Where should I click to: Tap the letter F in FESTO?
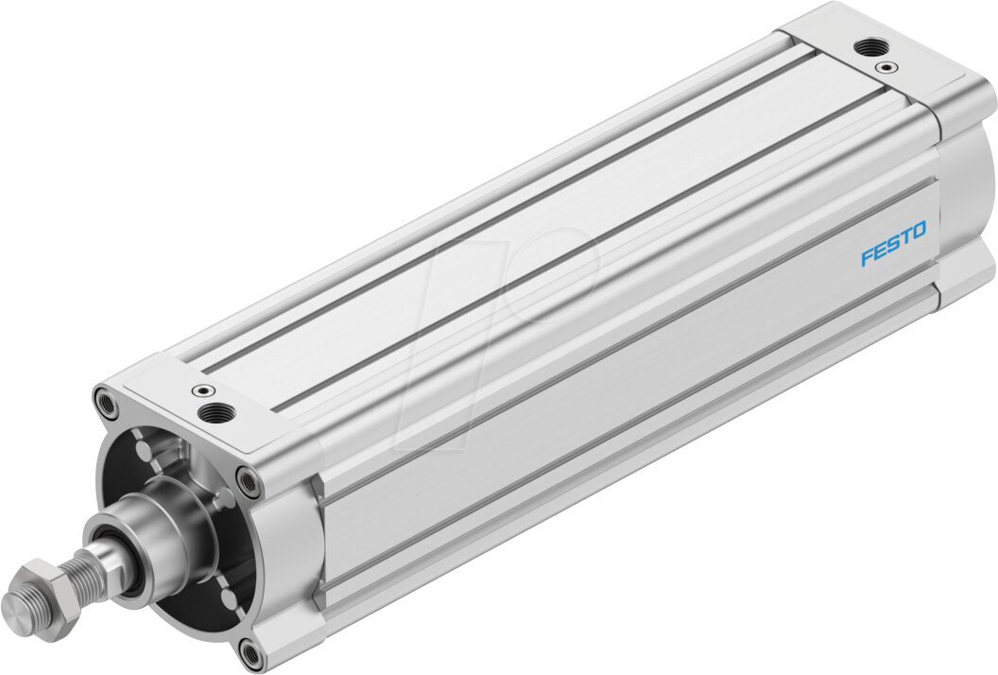pyautogui.click(x=866, y=257)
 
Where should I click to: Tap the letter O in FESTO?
pyautogui.click(x=920, y=230)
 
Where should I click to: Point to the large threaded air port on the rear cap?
pyautogui.click(x=864, y=46)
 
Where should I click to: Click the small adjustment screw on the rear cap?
pyautogui.click(x=886, y=67)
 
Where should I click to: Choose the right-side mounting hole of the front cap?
pyautogui.click(x=249, y=481)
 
